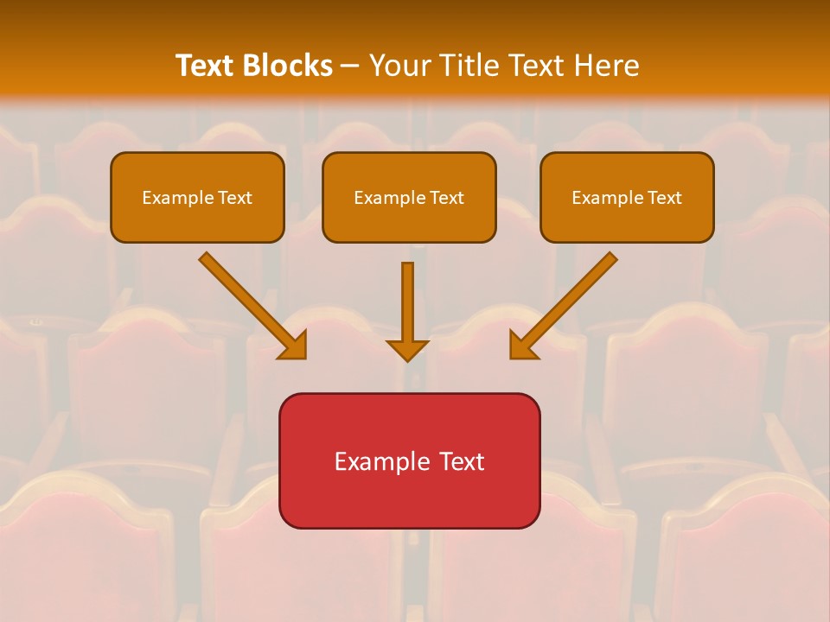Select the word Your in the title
pyautogui.click(x=399, y=66)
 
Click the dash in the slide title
pyautogui.click(x=350, y=67)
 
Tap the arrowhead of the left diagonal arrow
pyautogui.click(x=294, y=346)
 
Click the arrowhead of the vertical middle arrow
pyautogui.click(x=407, y=350)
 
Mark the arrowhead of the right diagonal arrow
pyautogui.click(x=522, y=346)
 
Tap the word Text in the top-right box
pyautogui.click(x=665, y=198)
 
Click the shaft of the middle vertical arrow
pyautogui.click(x=407, y=298)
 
